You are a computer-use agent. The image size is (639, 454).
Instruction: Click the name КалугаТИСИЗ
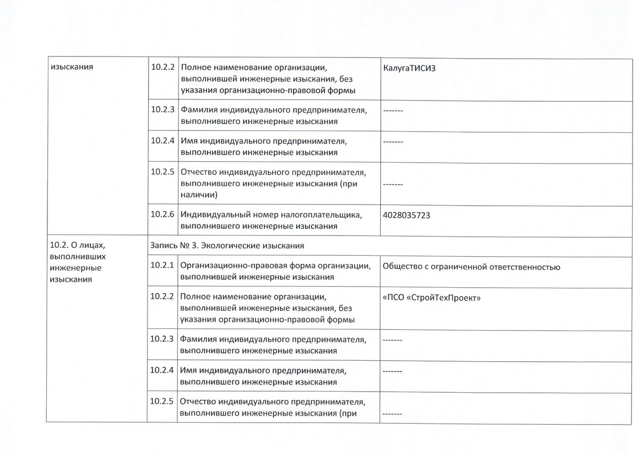409,68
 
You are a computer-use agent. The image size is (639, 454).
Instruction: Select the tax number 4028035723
406,216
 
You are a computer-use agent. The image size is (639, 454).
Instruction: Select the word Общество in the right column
402,266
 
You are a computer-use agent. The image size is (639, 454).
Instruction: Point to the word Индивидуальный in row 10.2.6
216,215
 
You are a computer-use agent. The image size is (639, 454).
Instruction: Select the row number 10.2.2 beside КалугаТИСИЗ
162,67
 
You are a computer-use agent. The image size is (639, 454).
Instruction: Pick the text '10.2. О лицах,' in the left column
78,245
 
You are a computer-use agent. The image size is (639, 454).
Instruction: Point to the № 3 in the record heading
188,246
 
